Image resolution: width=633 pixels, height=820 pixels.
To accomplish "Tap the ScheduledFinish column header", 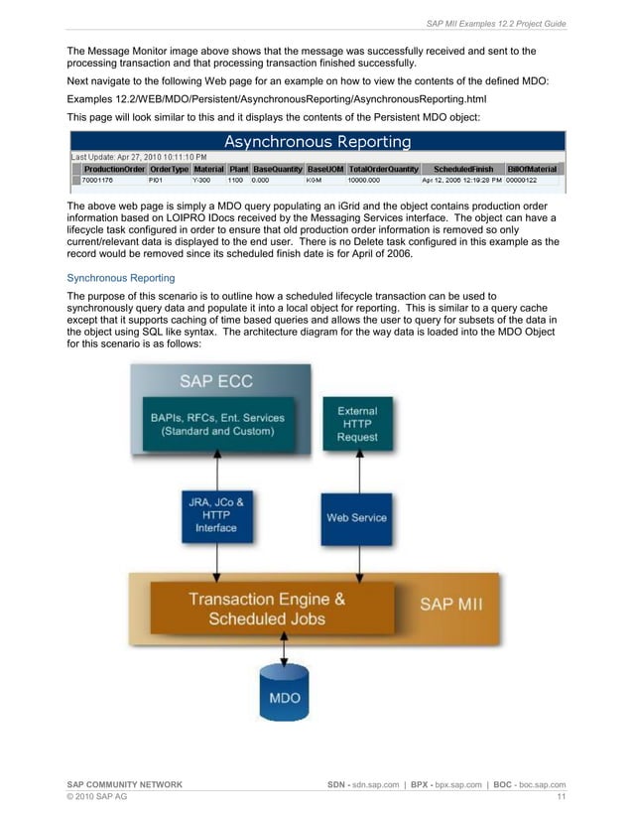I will coord(461,169).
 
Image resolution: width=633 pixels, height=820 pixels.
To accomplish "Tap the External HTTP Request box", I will coord(357,423).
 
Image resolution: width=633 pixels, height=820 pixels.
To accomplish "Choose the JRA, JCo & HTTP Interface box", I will coord(216,515).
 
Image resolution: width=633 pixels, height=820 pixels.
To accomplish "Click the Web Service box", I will coord(356,517).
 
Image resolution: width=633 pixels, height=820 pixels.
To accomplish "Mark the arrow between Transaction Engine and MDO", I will coord(285,650).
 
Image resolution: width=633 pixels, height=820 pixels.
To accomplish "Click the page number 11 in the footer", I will coord(561,797).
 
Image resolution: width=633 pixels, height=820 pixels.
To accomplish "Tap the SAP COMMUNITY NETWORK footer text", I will coord(124,784).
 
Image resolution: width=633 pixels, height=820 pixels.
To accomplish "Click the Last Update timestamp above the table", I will coord(139,157).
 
